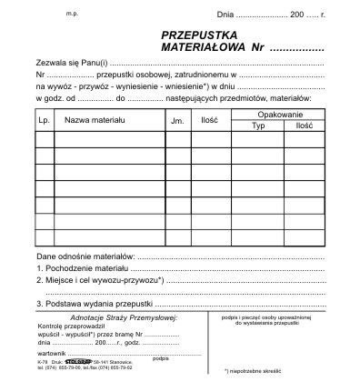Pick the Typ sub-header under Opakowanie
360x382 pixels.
(258, 126)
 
